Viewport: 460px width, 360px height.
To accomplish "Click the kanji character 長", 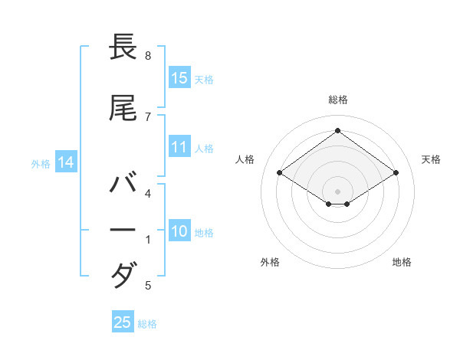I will (x=123, y=47).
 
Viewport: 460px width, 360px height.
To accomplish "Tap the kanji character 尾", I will (x=123, y=109).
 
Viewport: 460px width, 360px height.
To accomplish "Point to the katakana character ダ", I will (x=123, y=274).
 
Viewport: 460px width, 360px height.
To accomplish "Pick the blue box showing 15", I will (x=179, y=77).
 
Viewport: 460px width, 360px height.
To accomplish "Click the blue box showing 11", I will (x=179, y=147).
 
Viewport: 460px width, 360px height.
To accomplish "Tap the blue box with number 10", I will (x=179, y=231).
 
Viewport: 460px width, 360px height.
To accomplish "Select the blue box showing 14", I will (x=66, y=162).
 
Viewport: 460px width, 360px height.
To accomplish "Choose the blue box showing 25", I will (x=123, y=322).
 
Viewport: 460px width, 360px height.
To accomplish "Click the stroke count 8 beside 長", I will (x=148, y=56).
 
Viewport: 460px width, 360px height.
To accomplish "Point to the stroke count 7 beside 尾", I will (x=148, y=116).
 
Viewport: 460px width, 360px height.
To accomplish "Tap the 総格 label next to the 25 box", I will (x=147, y=324).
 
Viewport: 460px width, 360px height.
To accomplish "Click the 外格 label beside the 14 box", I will (x=41, y=163).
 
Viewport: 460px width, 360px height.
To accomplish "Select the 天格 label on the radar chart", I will (x=431, y=159).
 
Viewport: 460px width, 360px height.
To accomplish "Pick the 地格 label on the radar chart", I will (x=402, y=262).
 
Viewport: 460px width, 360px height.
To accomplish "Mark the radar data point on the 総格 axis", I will (x=337, y=130).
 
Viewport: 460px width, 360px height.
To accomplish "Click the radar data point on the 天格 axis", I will (x=396, y=172).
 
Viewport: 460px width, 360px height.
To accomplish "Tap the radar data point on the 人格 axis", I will (x=280, y=172).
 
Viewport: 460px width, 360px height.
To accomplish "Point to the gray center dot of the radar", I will (x=337, y=191).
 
